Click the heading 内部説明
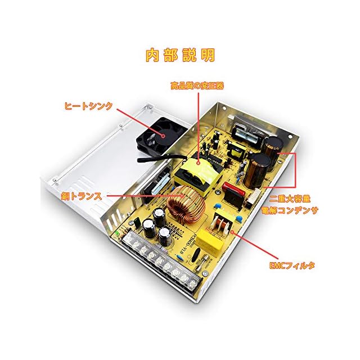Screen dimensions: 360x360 pyautogui.click(x=180, y=56)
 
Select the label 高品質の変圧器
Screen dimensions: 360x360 pyautogui.click(x=197, y=86)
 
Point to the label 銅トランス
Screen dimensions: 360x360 pyautogui.click(x=81, y=196)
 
